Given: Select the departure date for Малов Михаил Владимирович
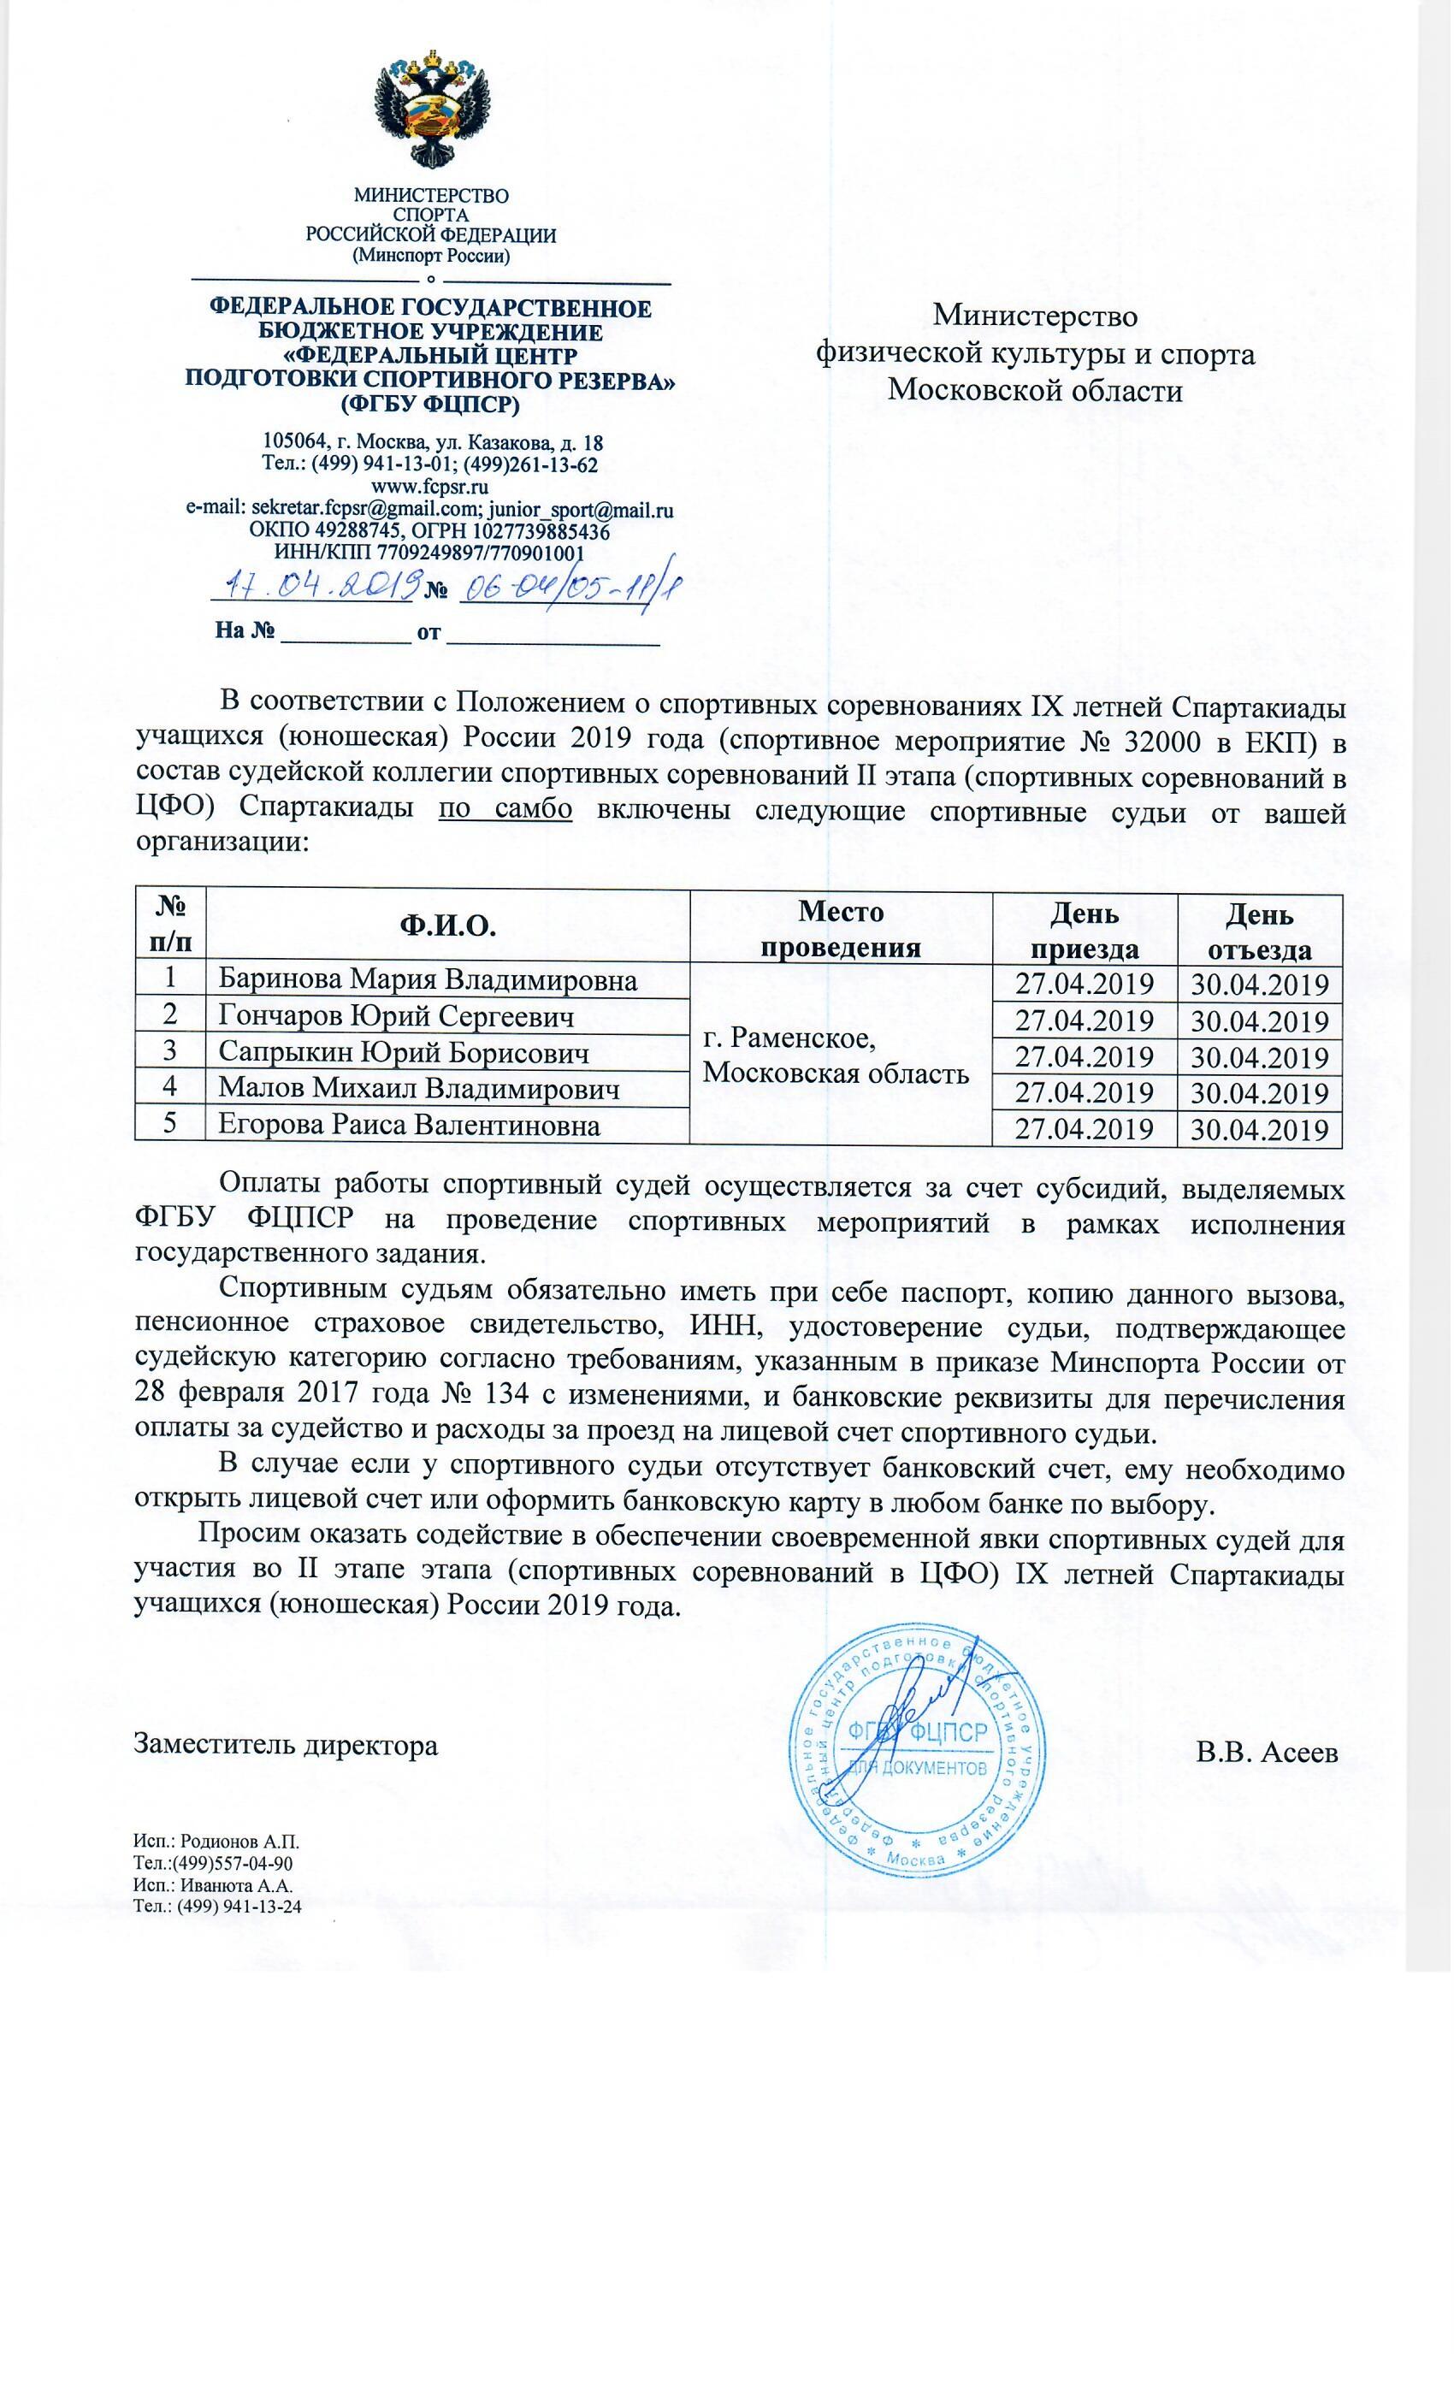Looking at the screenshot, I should pyautogui.click(x=1260, y=1093).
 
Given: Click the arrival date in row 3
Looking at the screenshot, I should pyautogui.click(x=1084, y=1057).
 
